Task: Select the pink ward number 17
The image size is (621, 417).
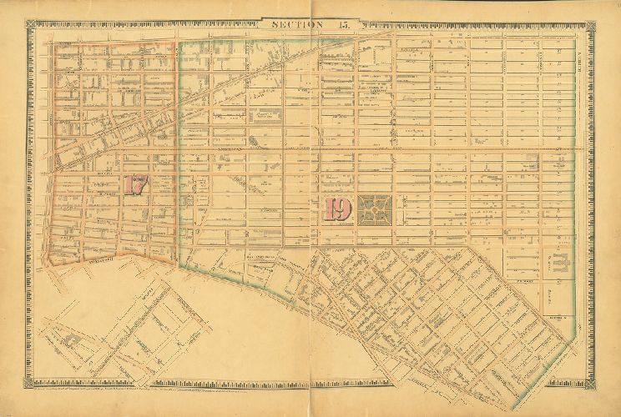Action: [134, 184]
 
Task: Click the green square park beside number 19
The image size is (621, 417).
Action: [377, 209]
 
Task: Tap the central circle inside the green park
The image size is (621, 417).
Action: [377, 209]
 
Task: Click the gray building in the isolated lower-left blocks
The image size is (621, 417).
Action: [72, 339]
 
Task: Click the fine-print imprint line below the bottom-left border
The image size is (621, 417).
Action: [125, 391]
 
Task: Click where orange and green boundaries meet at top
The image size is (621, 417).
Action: [178, 39]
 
